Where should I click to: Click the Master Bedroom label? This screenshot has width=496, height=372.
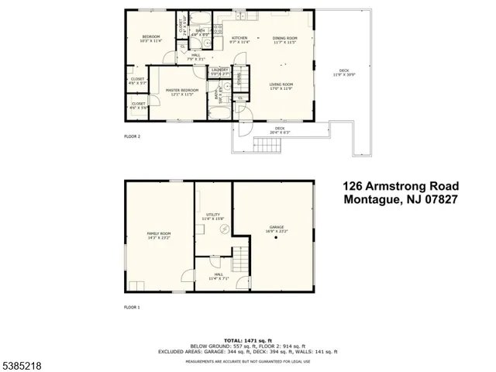click(x=182, y=91)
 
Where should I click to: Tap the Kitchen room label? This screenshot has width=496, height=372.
click(x=239, y=40)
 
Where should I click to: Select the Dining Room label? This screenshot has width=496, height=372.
click(x=285, y=40)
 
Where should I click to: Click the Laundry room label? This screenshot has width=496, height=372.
click(x=220, y=71)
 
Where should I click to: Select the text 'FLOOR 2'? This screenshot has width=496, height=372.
click(x=133, y=136)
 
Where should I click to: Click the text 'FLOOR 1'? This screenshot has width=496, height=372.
click(x=133, y=308)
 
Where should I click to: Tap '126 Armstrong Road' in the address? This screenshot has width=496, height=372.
click(x=401, y=186)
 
